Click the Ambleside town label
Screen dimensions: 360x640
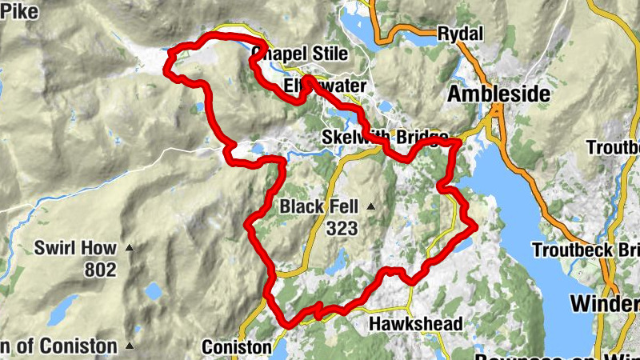pyautogui.click(x=498, y=94)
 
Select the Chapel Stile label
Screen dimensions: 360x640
pyautogui.click(x=300, y=54)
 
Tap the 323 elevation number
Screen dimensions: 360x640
pyautogui.click(x=342, y=228)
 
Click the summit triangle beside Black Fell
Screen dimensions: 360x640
pyautogui.click(x=371, y=207)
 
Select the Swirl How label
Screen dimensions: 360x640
pyautogui.click(x=75, y=248)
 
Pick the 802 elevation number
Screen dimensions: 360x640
pyautogui.click(x=100, y=270)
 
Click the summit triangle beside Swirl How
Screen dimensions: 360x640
pyautogui.click(x=130, y=249)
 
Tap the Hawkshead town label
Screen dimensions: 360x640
pyautogui.click(x=415, y=324)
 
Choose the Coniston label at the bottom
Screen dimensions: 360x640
pyautogui.click(x=237, y=347)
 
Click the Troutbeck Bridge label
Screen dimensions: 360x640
pyautogui.click(x=586, y=249)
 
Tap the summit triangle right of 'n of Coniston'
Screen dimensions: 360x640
pyautogui.click(x=130, y=346)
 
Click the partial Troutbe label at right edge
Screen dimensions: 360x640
pyautogui.click(x=613, y=148)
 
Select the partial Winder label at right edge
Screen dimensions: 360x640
pyautogui.click(x=605, y=304)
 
